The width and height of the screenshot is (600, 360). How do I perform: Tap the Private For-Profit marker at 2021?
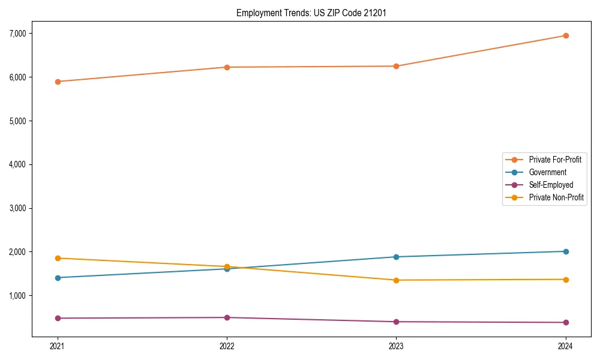tap(58, 82)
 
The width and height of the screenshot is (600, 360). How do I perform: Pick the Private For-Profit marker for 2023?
tap(396, 66)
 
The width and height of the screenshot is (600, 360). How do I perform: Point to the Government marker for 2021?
tap(58, 278)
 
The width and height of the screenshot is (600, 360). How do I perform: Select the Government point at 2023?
tap(396, 257)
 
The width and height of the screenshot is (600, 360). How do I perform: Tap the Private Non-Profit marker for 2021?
tap(58, 258)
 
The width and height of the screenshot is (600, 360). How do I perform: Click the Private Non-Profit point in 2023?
tap(396, 280)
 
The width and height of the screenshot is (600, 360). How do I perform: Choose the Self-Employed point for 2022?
tap(227, 317)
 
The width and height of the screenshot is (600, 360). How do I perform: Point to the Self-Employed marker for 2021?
tap(58, 318)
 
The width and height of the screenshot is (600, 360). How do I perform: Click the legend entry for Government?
tap(547, 172)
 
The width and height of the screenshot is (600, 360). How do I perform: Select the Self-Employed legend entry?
tap(551, 185)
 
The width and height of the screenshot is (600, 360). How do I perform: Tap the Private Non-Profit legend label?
tap(556, 197)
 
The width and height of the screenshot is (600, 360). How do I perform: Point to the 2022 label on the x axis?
tap(227, 346)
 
